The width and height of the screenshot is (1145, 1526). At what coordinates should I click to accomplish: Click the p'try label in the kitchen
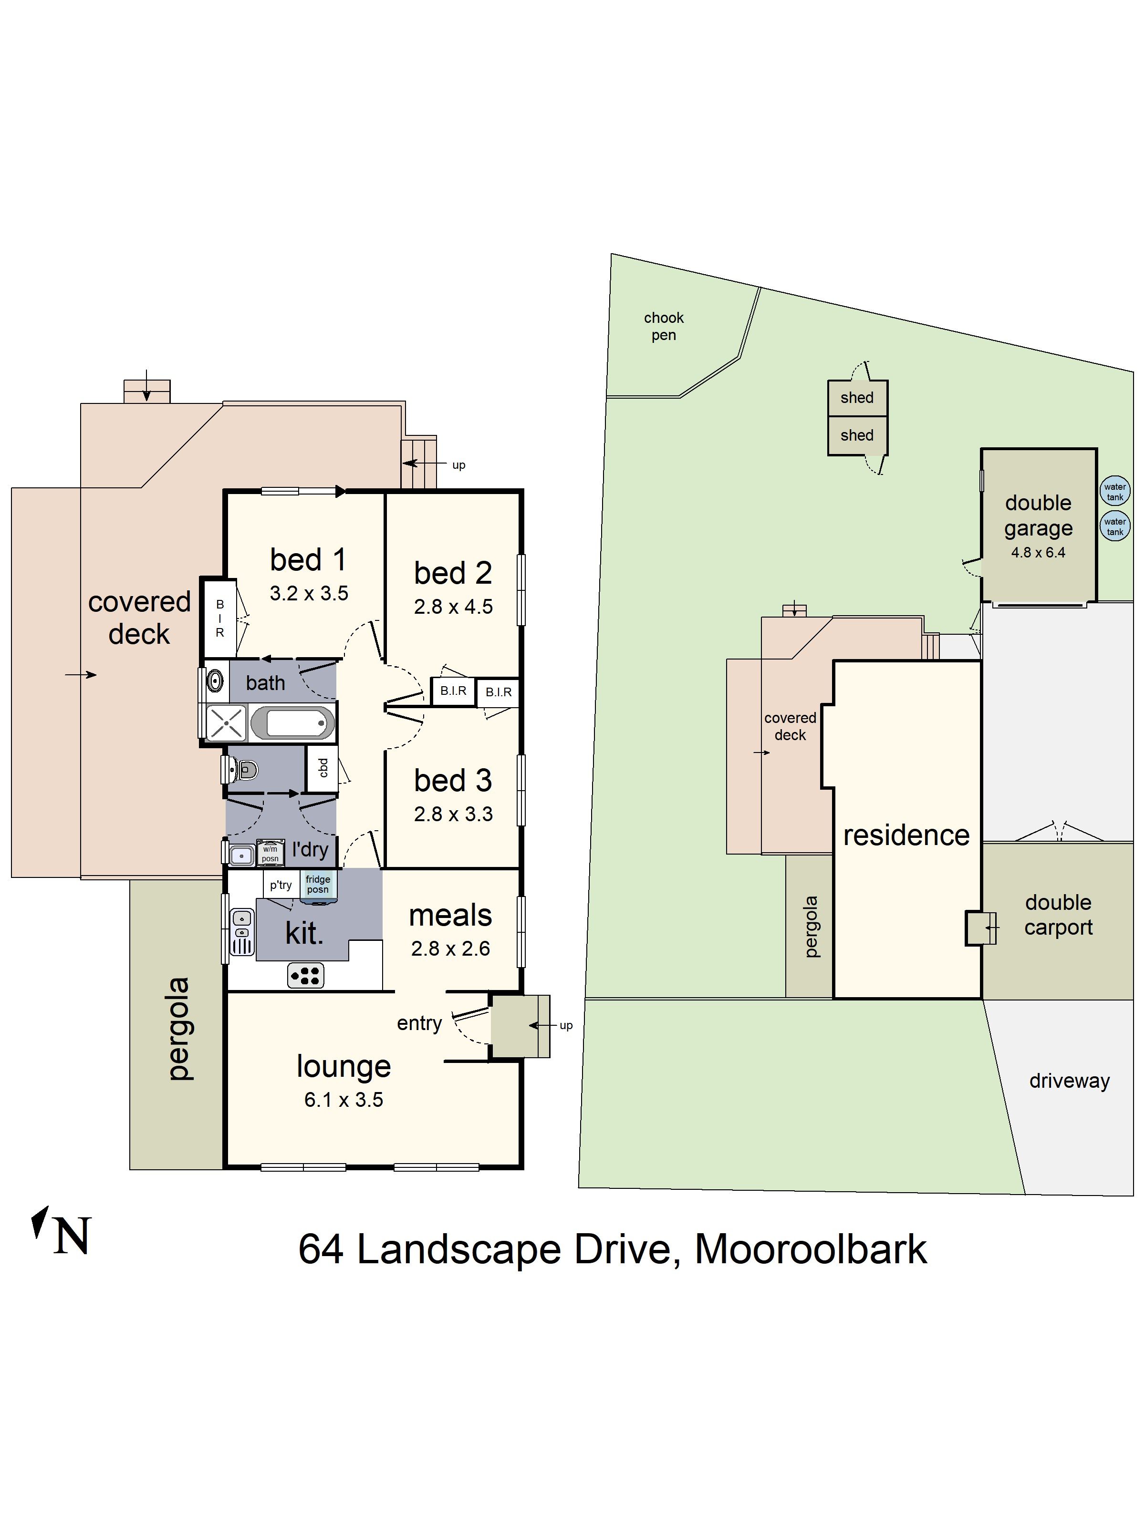click(x=280, y=885)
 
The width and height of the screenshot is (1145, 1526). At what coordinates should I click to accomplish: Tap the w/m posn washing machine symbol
click(x=270, y=853)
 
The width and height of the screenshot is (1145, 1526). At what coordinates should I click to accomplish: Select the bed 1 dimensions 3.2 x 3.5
click(x=309, y=593)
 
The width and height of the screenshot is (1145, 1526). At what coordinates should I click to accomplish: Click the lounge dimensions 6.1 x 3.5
click(x=343, y=1100)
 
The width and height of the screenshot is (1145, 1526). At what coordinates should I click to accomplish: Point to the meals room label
click(x=450, y=916)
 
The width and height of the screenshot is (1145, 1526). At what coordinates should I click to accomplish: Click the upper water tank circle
click(x=1114, y=491)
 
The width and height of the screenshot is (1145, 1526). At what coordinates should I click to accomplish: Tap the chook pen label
click(x=663, y=326)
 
